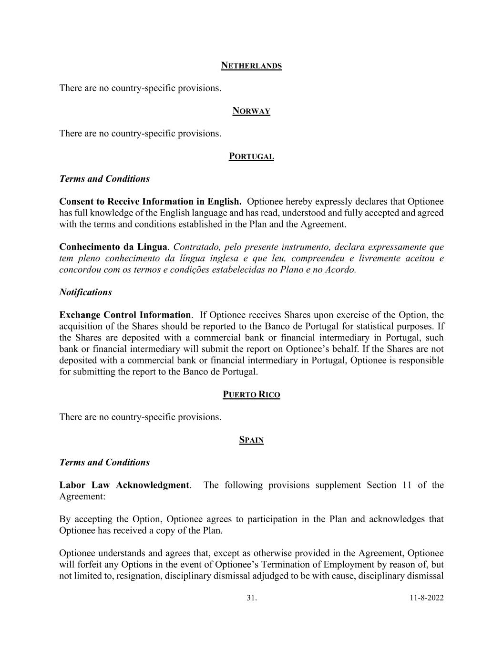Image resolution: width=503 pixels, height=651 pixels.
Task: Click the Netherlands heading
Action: click(x=251, y=66)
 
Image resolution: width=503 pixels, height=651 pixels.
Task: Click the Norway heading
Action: click(x=251, y=111)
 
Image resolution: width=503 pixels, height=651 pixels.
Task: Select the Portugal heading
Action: click(x=251, y=156)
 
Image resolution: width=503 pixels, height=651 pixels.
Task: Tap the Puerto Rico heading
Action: click(x=251, y=394)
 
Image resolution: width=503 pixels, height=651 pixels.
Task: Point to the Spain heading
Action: click(x=251, y=440)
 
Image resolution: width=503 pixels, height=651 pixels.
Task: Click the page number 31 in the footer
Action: click(x=251, y=598)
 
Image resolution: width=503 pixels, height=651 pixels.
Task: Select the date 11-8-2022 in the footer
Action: click(x=426, y=598)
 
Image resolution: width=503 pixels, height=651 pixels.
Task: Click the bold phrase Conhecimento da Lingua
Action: click(x=113, y=247)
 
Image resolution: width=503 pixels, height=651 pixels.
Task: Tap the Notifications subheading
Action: click(x=85, y=292)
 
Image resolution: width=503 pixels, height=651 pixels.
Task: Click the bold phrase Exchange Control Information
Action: click(x=125, y=315)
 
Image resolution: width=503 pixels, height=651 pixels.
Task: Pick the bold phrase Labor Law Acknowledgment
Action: click(x=124, y=485)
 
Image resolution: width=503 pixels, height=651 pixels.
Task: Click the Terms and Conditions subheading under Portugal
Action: click(x=104, y=179)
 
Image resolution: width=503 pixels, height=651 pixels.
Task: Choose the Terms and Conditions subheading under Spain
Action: click(x=104, y=463)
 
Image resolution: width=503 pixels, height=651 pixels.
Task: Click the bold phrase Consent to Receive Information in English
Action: click(x=150, y=202)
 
